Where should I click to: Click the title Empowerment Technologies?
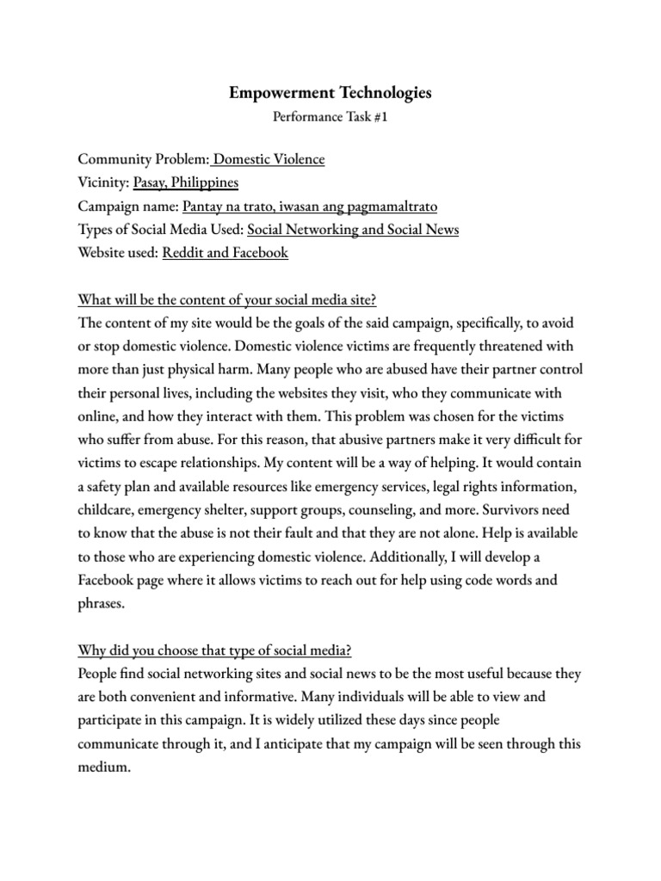coord(330,92)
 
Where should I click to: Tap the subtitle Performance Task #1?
coord(330,120)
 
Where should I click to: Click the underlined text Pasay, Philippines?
coord(186,182)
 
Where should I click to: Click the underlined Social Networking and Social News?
coord(353,230)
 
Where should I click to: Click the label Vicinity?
coord(103,182)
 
